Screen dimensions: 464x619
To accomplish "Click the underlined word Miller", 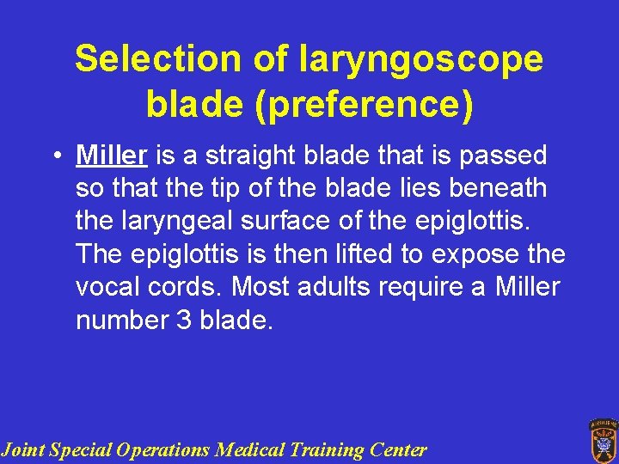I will point(112,156).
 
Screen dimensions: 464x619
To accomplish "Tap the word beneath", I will point(505,188).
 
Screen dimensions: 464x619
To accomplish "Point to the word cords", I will point(186,287).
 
